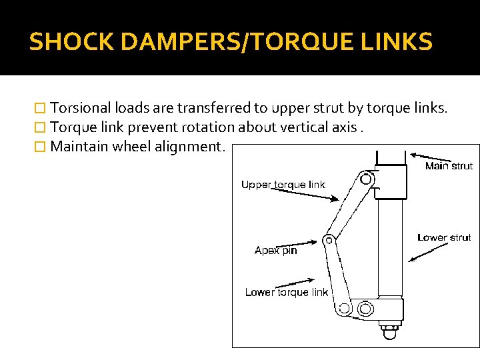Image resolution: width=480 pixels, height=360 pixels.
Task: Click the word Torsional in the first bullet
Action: (80, 108)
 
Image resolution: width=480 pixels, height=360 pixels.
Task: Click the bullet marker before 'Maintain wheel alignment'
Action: (41, 146)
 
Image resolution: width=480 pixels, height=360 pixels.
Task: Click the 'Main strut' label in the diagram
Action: (448, 166)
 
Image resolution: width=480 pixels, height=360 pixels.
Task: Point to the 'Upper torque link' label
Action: (283, 184)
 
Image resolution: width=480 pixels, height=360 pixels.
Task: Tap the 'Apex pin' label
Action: (275, 251)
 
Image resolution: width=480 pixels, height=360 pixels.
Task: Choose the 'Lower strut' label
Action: (444, 237)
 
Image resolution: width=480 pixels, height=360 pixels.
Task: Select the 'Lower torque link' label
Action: (286, 292)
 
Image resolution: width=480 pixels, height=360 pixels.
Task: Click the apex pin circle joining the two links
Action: (328, 240)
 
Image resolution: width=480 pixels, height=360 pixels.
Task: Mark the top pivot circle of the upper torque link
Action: (365, 179)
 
